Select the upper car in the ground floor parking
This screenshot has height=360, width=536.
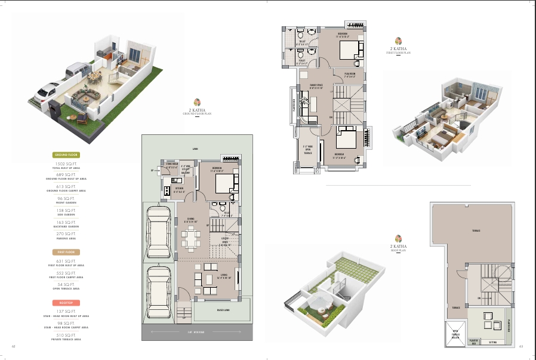tap(159, 228)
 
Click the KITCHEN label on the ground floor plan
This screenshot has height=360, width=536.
tap(179, 190)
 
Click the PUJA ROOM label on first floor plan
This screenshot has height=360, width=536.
tap(350, 75)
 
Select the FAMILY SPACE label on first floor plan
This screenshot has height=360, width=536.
tap(316, 87)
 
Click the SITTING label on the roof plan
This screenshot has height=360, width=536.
tap(493, 343)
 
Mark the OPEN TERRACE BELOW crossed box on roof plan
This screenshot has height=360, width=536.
tap(455, 333)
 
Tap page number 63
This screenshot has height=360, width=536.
tap(520, 346)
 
